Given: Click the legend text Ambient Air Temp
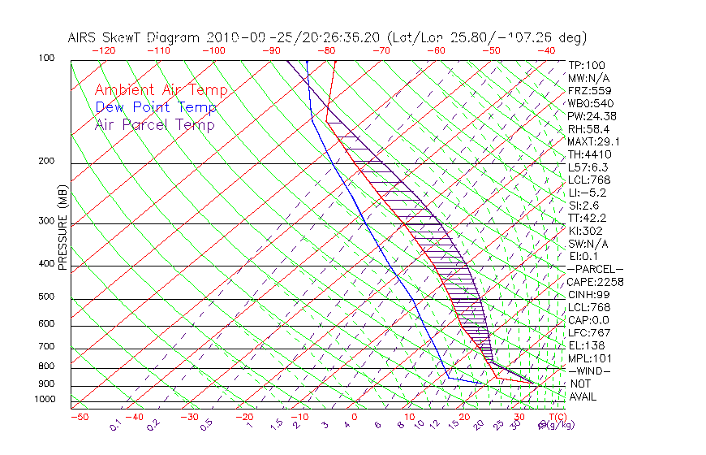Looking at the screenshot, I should tap(161, 91).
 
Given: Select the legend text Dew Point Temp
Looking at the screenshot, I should tap(156, 108).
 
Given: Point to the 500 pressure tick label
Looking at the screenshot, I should tap(46, 297).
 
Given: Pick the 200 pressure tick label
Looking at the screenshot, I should tap(46, 162).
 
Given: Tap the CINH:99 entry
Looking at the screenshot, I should tap(588, 294).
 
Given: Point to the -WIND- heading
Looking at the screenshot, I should tap(589, 370).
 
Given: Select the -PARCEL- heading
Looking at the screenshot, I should tap(595, 269).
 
